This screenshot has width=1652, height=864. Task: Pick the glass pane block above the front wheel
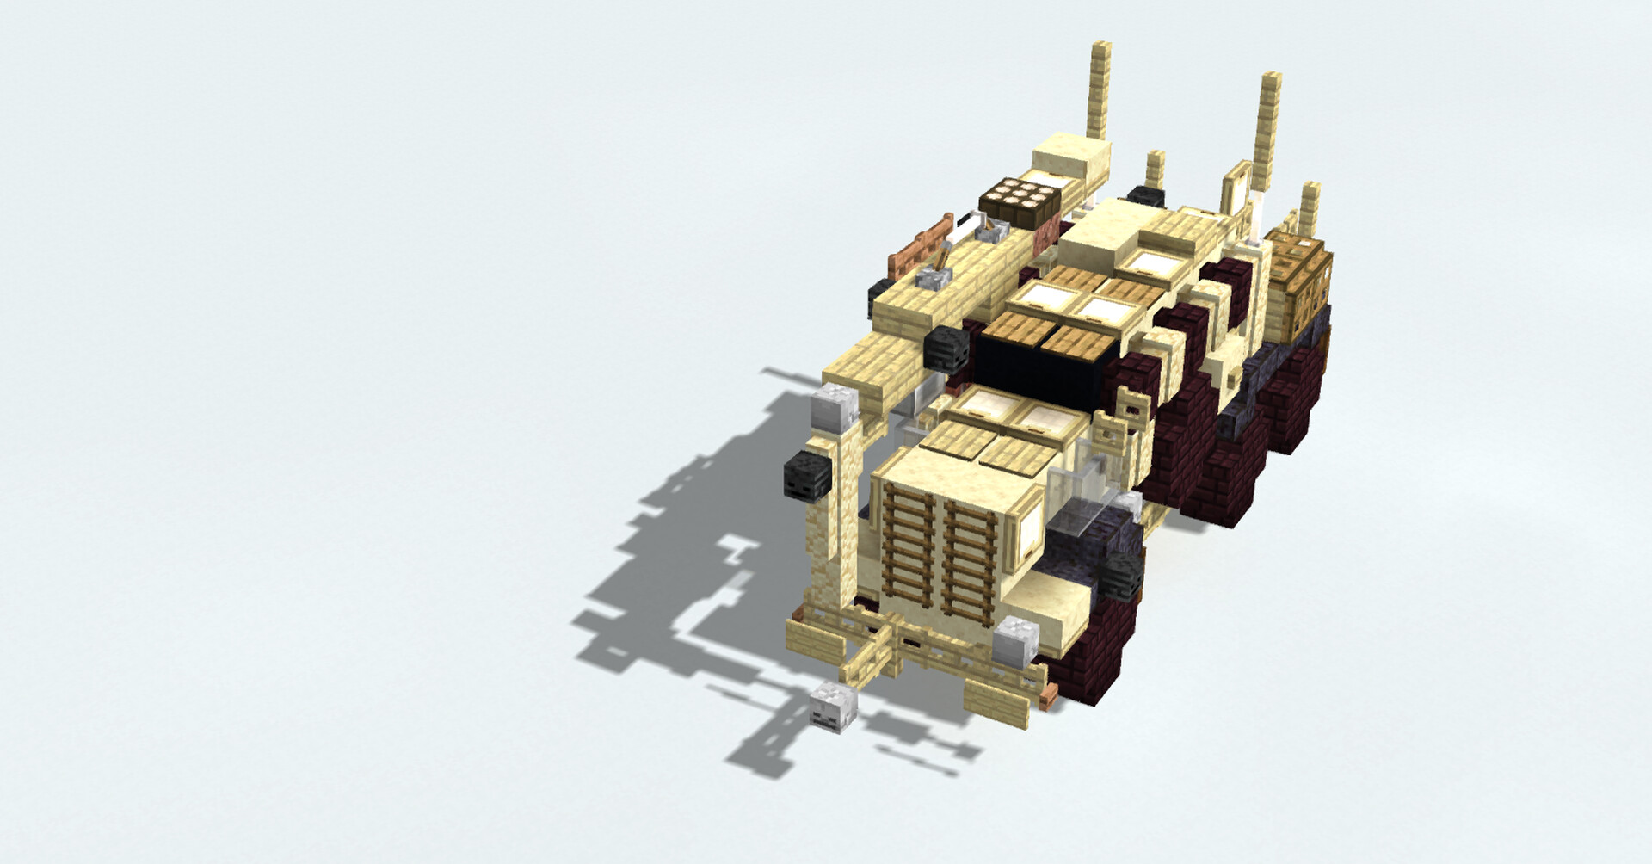(1076, 516)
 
